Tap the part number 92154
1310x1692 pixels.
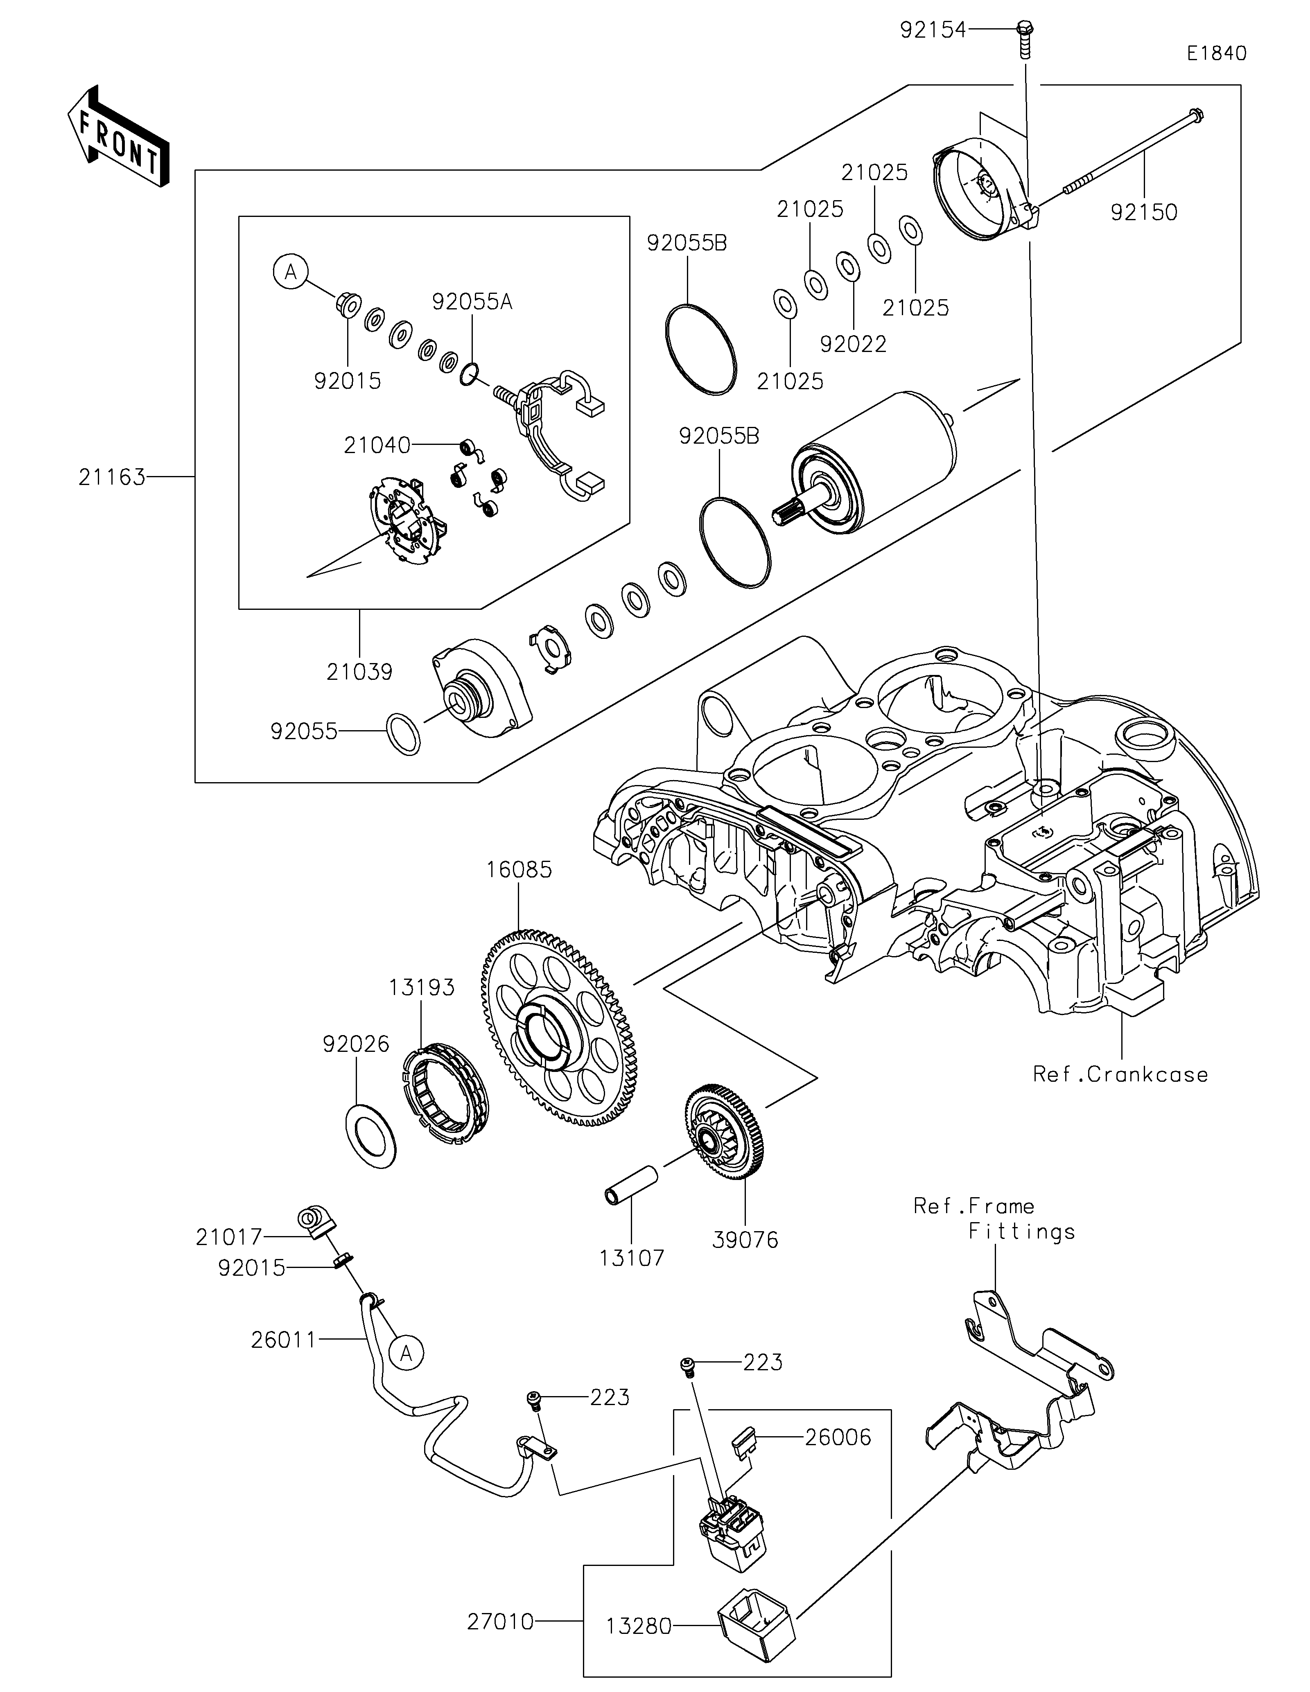pos(933,30)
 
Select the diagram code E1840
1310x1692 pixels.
pos(1216,54)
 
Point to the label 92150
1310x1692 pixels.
pos(1143,212)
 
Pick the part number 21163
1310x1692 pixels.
pos(112,477)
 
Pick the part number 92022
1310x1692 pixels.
pos(853,344)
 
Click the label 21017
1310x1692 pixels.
pos(229,1237)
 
